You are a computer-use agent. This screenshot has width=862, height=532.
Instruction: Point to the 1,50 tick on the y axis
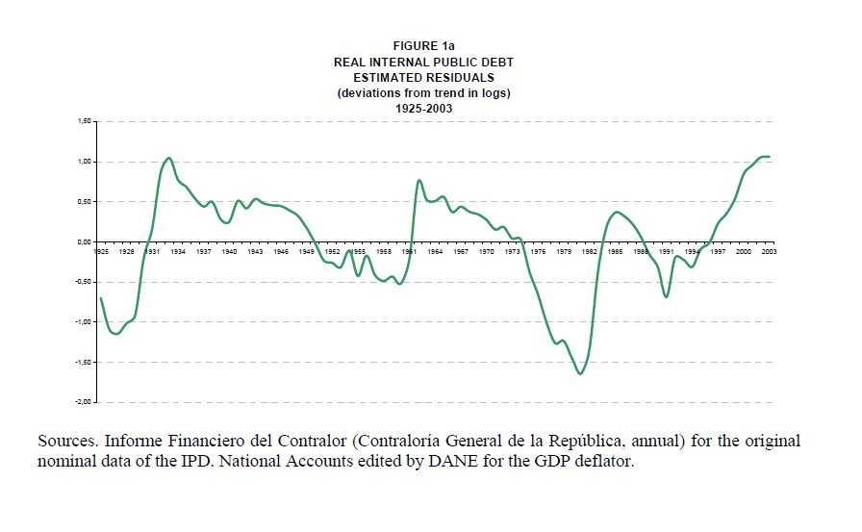(84, 122)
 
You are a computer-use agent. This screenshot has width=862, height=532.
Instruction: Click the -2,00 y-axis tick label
(83, 402)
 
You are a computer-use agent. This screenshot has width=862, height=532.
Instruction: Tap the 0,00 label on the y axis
(84, 242)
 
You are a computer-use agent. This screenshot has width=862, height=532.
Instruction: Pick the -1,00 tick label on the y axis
(83, 322)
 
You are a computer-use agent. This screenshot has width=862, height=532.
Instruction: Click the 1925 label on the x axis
(101, 251)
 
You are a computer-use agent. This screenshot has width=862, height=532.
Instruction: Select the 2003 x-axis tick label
(770, 251)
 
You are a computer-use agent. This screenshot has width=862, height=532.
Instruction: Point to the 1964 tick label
(436, 251)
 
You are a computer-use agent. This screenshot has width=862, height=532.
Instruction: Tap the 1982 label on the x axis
(590, 251)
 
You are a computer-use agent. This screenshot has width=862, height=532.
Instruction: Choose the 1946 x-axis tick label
(281, 251)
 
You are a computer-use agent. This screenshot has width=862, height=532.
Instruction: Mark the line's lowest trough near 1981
(580, 373)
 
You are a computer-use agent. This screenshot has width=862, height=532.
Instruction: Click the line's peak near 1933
(168, 158)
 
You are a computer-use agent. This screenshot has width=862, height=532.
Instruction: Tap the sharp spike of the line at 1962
(418, 181)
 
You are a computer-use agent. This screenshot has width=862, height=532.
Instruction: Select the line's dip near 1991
(666, 296)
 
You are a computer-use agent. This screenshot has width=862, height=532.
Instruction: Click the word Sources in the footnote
(66, 442)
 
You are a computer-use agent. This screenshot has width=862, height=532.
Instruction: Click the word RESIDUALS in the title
(462, 77)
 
